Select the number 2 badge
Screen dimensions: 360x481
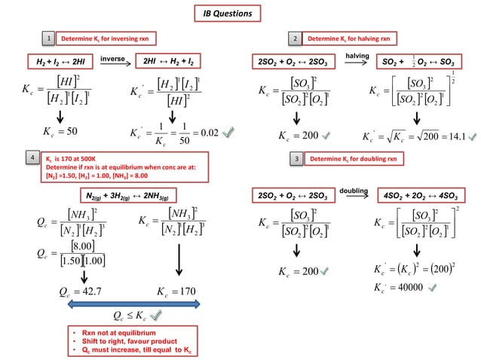coord(296,37)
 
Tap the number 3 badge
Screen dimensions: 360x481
coord(297,160)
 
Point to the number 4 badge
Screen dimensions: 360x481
coord(30,159)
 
